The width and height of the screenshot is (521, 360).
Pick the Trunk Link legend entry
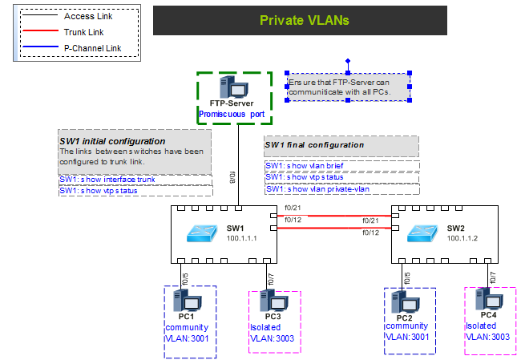click(83, 32)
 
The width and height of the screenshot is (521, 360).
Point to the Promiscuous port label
click(232, 115)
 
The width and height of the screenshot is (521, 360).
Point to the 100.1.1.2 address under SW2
click(463, 238)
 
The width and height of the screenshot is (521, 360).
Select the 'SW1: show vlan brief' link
click(305, 165)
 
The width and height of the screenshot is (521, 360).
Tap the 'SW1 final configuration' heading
click(314, 145)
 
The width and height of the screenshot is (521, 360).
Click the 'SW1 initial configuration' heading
click(112, 141)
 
